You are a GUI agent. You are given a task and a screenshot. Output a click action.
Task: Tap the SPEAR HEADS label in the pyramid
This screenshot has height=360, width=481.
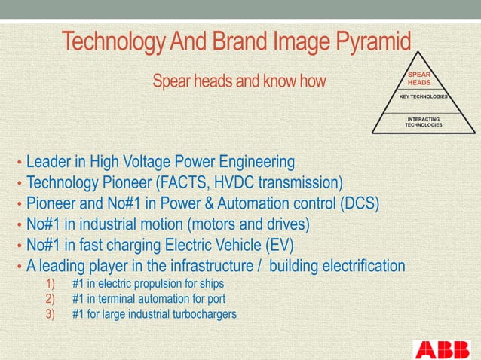419,79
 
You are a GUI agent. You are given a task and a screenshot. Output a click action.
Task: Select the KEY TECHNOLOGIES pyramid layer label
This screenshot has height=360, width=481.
424,97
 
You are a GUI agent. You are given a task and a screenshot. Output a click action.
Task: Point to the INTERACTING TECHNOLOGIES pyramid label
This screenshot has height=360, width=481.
423,122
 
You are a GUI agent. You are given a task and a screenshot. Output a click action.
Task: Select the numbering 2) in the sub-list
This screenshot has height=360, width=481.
51,299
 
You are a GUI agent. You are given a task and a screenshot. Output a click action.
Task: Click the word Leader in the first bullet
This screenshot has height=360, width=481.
47,162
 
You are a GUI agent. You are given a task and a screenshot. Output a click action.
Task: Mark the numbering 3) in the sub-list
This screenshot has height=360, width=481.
51,314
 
